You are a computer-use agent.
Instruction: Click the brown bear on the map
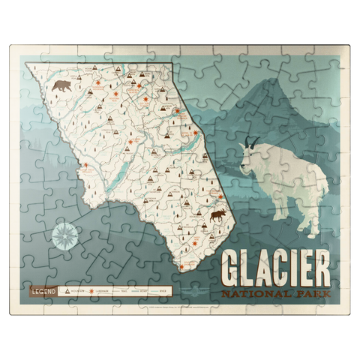[61, 85]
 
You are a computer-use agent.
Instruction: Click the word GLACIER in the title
[275, 265]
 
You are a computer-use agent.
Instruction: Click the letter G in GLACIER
[232, 265]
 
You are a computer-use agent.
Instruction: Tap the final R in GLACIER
[321, 265]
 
